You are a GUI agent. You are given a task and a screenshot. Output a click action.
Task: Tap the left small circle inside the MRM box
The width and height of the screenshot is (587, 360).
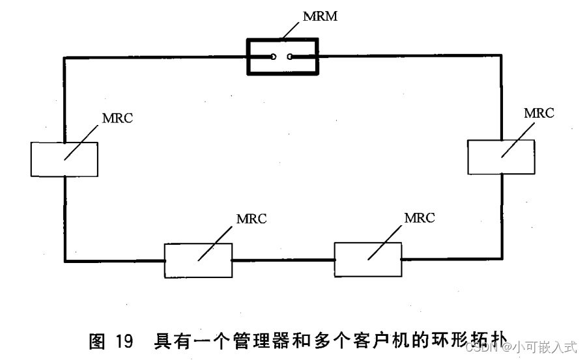point(274,57)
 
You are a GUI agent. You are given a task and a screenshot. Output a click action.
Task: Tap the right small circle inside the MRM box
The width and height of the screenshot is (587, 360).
point(290,57)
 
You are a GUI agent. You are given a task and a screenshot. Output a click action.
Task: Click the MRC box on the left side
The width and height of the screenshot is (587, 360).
point(64,159)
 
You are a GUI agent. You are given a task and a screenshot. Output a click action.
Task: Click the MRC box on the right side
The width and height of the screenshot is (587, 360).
point(501,157)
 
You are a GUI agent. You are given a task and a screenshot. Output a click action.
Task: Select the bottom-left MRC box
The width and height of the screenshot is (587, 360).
point(197,260)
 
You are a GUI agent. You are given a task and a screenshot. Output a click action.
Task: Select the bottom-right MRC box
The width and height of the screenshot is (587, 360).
point(367,259)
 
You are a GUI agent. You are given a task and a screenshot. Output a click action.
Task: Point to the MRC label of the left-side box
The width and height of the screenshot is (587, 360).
point(117,118)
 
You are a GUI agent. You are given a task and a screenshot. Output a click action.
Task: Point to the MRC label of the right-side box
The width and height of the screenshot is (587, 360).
point(539,113)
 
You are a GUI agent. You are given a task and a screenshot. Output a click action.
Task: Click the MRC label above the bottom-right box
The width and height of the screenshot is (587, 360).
point(419,217)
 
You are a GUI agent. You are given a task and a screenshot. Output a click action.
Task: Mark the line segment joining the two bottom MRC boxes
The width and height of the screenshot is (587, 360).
point(283,260)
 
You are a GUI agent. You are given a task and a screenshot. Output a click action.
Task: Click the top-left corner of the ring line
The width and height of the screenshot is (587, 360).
point(64,57)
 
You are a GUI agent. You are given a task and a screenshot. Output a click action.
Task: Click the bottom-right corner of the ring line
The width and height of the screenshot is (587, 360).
point(502,259)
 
